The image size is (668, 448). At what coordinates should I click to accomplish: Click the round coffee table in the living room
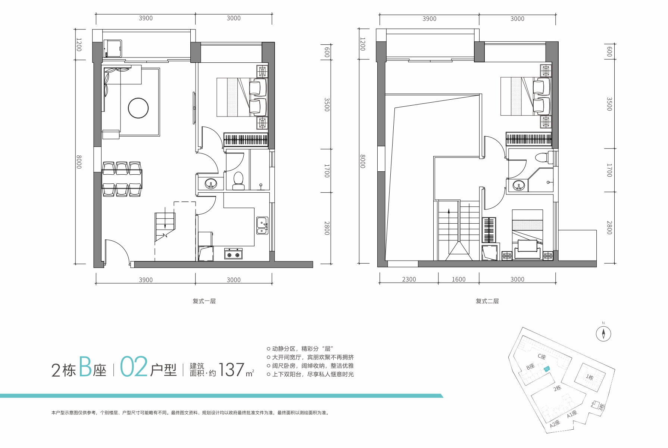click(x=138, y=108)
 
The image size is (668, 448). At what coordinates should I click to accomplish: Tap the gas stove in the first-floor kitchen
click(x=233, y=254)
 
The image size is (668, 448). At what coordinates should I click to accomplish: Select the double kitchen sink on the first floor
click(x=262, y=225)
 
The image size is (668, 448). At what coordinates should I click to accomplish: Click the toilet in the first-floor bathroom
click(x=238, y=181)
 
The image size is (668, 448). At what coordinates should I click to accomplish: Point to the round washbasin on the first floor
click(x=211, y=184)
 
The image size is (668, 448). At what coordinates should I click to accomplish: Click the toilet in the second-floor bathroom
click(x=544, y=157)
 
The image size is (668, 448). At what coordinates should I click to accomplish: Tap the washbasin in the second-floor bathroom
click(x=518, y=185)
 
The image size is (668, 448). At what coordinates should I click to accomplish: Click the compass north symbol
click(x=603, y=333)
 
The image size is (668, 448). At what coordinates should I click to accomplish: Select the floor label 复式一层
click(x=204, y=301)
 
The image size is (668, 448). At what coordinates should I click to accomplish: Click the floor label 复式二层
click(x=487, y=301)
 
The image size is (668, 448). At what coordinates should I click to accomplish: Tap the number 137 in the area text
click(x=231, y=370)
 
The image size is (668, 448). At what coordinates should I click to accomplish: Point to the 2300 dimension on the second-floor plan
click(x=409, y=279)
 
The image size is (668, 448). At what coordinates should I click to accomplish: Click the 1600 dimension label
click(x=459, y=279)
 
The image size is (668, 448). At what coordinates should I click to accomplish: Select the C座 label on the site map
click(x=542, y=357)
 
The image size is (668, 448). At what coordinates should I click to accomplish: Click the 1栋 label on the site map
click(x=589, y=377)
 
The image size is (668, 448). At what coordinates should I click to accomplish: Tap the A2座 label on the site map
click(x=555, y=424)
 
